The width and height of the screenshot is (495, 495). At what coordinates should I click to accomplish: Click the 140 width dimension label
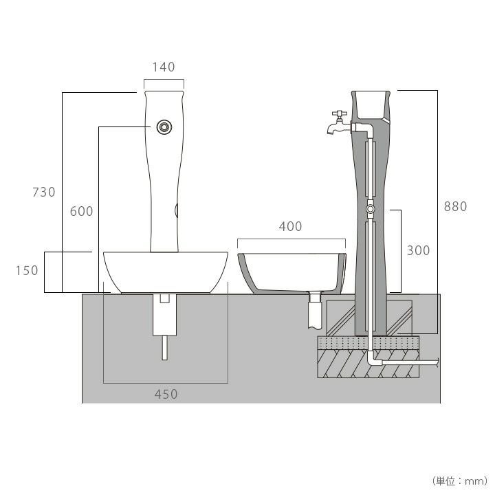tap(164, 67)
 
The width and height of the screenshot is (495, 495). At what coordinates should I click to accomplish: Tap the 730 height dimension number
tap(44, 192)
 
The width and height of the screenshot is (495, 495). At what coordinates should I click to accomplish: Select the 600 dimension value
tap(81, 211)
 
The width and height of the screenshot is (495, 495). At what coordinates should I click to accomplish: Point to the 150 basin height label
tap(27, 271)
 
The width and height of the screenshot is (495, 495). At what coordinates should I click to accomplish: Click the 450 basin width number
tap(166, 395)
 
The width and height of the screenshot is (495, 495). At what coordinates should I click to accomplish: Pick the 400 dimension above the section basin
tap(290, 226)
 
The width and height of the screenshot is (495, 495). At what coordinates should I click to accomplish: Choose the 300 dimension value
tap(418, 251)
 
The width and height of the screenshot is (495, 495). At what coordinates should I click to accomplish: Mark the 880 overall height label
tap(456, 206)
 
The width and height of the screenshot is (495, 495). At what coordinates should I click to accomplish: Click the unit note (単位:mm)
tap(460, 481)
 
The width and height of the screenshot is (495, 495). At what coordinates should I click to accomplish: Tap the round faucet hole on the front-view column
tap(164, 127)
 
